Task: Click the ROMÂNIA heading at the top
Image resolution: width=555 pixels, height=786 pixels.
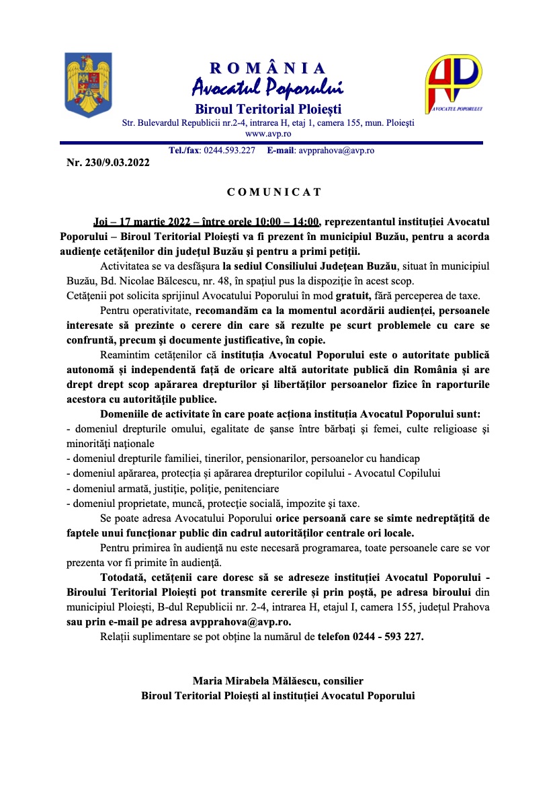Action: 268,68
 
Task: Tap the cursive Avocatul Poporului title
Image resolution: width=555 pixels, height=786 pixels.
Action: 268,87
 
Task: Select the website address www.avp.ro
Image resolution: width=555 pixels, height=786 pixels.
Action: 267,134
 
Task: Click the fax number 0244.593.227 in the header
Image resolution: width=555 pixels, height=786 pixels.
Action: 229,151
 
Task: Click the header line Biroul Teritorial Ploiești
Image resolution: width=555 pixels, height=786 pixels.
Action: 268,109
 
